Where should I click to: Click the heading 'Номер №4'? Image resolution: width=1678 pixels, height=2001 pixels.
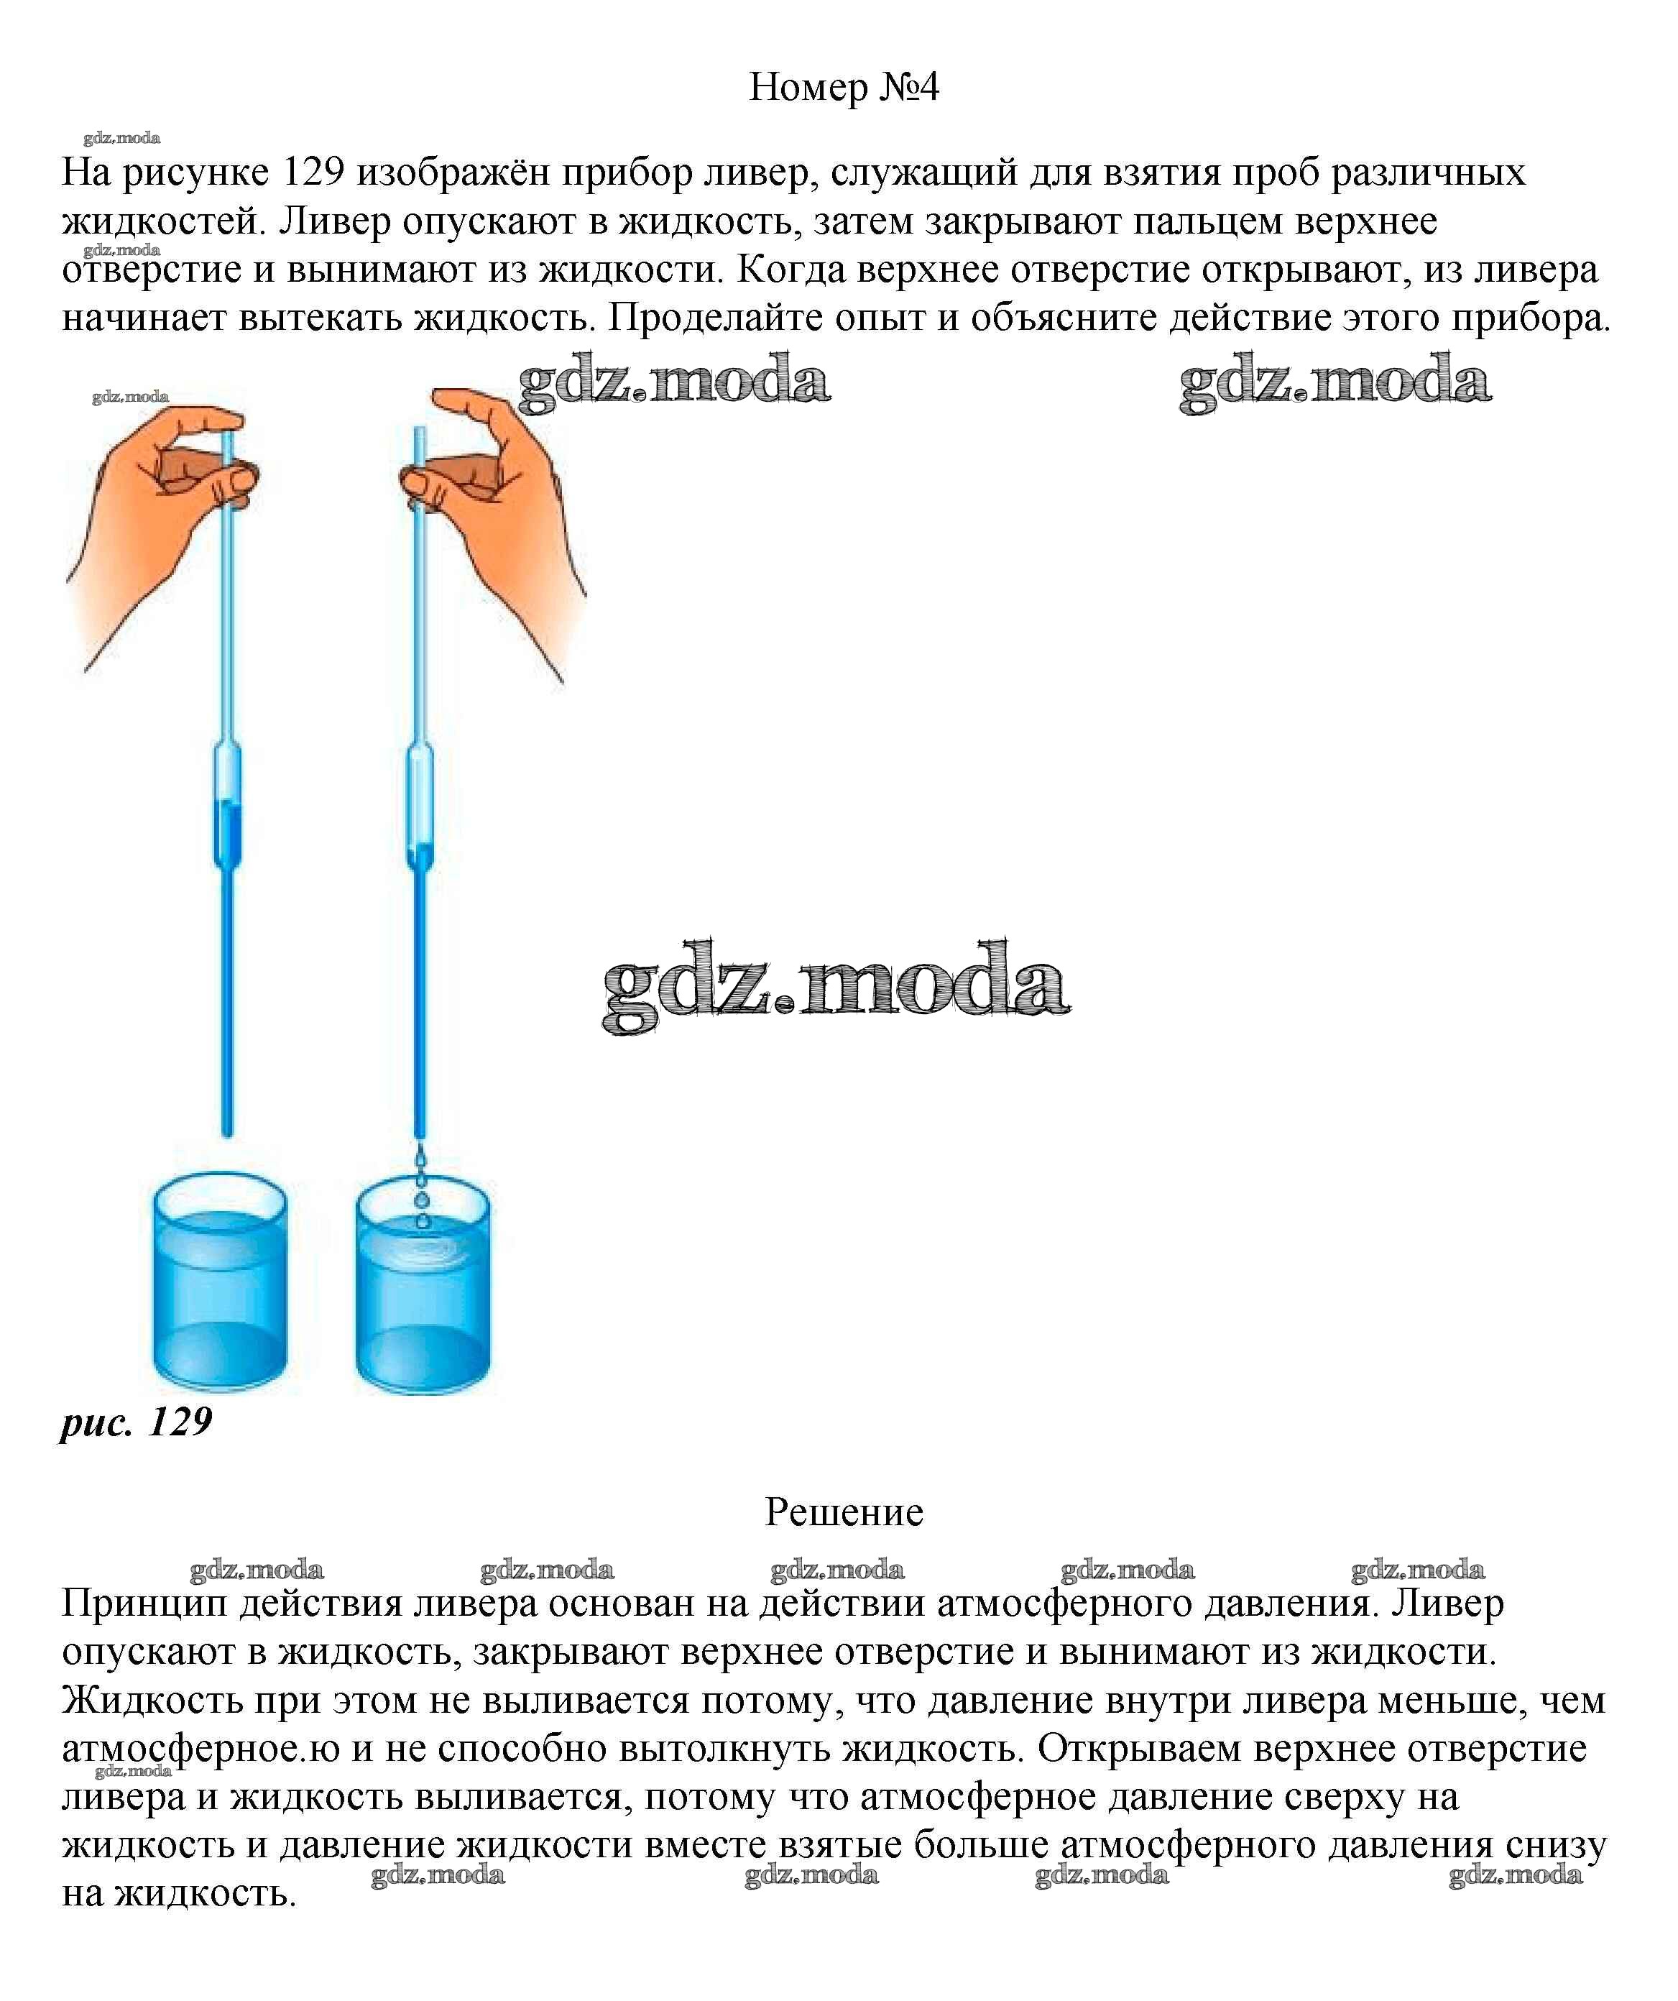click(x=843, y=88)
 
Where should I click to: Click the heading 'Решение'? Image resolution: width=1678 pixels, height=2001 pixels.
click(x=843, y=1512)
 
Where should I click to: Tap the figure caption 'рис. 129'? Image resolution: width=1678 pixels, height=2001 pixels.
click(x=137, y=1422)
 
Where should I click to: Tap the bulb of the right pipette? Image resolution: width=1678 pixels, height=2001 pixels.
click(x=419, y=805)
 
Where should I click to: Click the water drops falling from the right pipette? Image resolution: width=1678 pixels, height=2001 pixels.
click(x=420, y=1191)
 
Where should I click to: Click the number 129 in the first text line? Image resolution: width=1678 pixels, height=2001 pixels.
click(x=313, y=172)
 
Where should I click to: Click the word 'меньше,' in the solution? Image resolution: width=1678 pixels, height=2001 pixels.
click(x=1447, y=1701)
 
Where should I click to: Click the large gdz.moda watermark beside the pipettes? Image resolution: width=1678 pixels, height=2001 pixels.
click(x=836, y=986)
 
